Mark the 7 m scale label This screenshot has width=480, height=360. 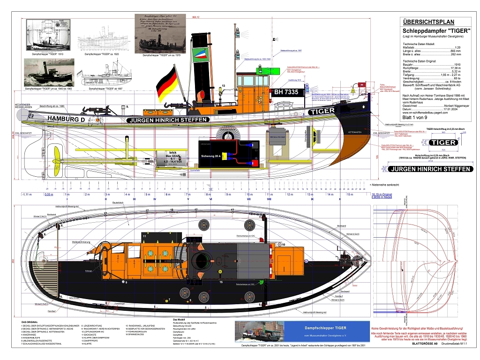pyautogui.click(x=187, y=194)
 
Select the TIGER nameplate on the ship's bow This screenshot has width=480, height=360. pyautogui.click(x=322, y=111)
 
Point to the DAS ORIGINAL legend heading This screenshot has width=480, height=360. pyautogui.click(x=30, y=322)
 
